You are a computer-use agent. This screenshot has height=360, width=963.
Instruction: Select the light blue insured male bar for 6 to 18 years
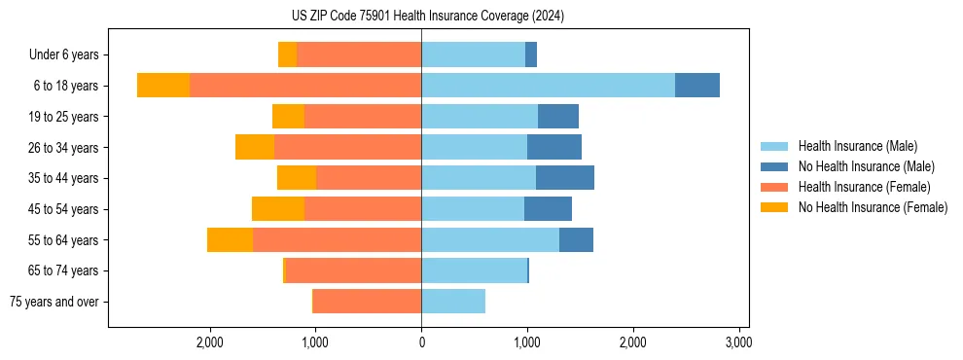548,86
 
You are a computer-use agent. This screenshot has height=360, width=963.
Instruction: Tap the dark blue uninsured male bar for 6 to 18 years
697,86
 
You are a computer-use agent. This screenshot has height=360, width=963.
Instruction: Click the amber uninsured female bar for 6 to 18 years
163,86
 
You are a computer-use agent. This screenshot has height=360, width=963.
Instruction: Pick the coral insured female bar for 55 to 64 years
337,239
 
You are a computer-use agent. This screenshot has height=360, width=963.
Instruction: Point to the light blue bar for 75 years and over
453,302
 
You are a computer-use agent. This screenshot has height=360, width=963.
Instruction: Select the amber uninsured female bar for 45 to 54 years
278,209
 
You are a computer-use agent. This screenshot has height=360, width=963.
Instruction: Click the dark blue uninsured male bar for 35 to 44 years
565,178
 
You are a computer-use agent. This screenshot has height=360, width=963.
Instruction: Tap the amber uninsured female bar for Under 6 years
287,54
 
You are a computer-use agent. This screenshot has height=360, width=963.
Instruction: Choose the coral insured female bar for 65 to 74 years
353,270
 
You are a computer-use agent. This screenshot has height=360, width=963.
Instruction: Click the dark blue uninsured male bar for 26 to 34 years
554,147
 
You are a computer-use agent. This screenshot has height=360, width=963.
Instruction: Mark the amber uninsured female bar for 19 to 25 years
288,117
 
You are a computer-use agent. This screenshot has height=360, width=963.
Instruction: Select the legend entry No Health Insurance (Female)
873,207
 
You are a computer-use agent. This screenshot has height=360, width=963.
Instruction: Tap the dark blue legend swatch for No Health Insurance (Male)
774,166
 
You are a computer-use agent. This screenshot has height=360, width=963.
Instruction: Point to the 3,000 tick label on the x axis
738,342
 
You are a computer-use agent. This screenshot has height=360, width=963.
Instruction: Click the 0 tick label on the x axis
421,342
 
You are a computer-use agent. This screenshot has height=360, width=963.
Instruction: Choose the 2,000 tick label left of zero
210,342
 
